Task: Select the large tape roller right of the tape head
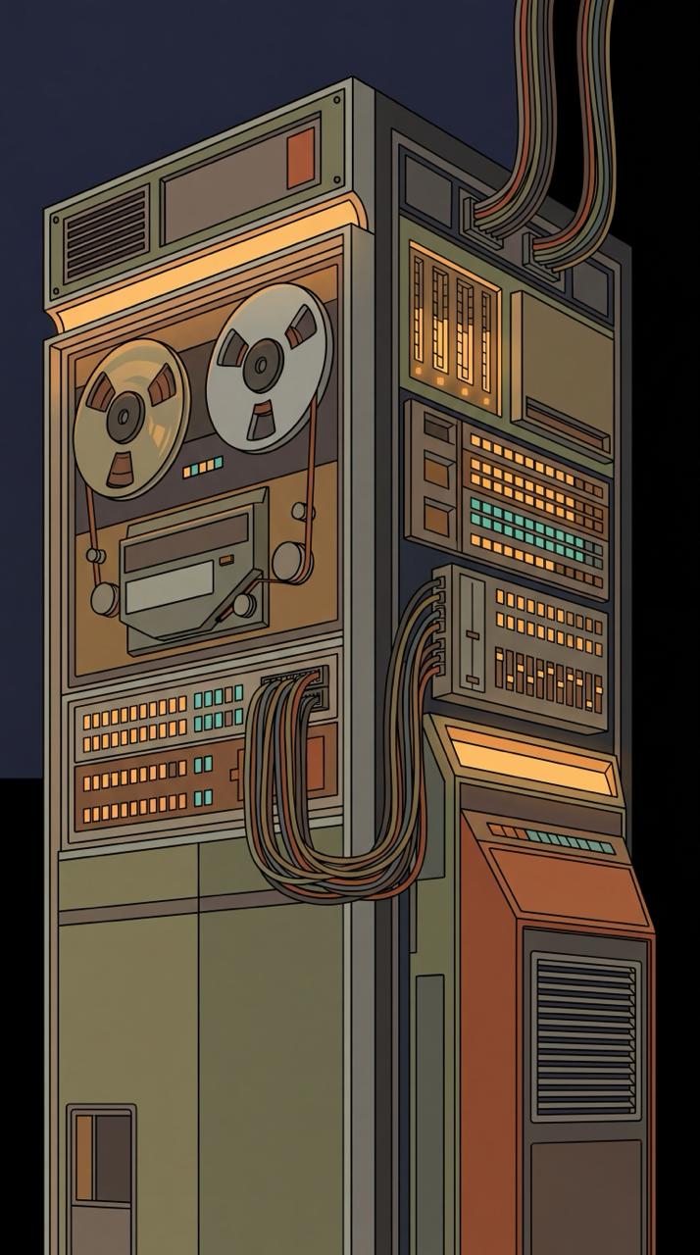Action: (x=291, y=561)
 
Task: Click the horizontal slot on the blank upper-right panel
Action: (x=565, y=410)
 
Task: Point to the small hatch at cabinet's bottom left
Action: (x=100, y=1177)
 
